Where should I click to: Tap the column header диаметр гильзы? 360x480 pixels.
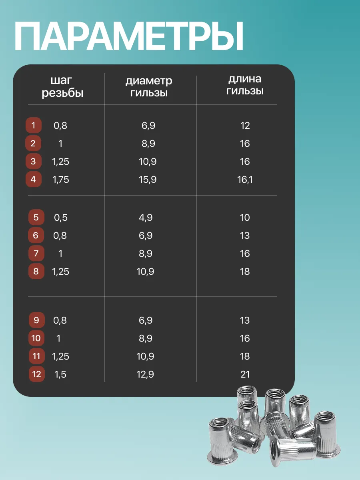click(149, 87)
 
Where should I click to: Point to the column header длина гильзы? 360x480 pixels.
click(245, 85)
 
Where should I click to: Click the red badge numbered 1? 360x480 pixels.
click(33, 126)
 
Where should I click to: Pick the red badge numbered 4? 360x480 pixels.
click(33, 180)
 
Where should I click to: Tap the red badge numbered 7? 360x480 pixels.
click(36, 254)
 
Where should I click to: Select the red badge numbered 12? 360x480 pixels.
click(36, 374)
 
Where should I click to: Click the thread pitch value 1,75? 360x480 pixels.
click(61, 180)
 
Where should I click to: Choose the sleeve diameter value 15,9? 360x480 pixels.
click(148, 180)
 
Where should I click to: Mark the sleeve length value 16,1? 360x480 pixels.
click(245, 180)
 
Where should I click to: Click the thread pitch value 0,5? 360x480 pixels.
click(61, 218)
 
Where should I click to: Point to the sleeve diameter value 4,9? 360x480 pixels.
click(146, 218)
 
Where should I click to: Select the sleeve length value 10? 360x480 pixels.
click(245, 218)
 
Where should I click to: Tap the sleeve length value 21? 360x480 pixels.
click(245, 374)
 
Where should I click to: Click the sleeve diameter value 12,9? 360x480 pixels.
click(146, 374)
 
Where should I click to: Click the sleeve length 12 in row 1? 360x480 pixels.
click(245, 126)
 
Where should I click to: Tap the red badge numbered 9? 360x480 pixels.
click(36, 320)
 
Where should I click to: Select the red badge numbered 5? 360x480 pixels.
click(36, 218)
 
